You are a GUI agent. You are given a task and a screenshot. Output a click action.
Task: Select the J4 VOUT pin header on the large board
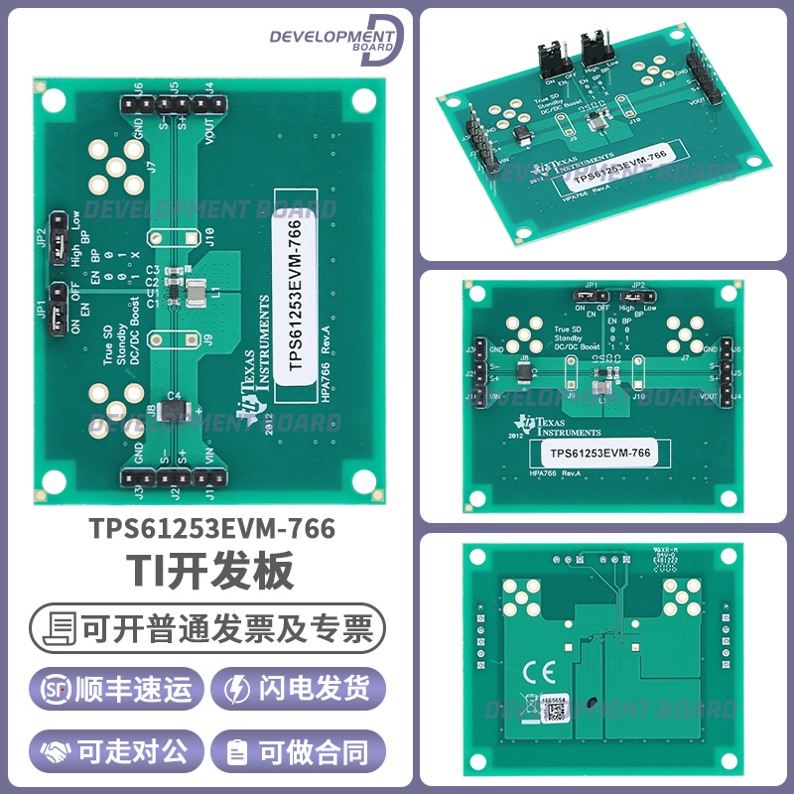click(x=207, y=104)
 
